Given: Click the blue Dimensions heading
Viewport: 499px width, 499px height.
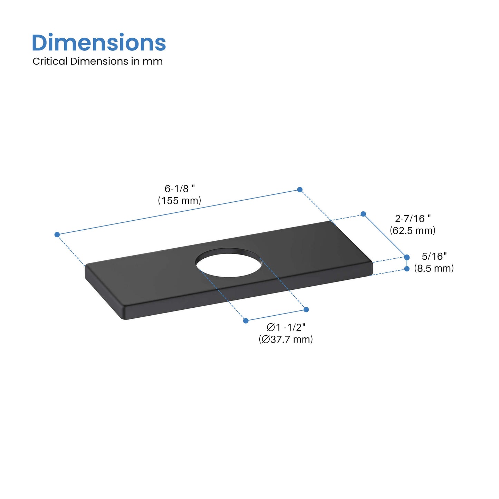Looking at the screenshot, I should (x=99, y=43).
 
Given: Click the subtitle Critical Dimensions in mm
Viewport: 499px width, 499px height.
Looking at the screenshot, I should (x=97, y=61).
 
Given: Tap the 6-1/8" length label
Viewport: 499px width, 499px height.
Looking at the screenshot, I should (x=179, y=189).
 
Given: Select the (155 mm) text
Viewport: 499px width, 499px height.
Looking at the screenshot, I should (x=180, y=201).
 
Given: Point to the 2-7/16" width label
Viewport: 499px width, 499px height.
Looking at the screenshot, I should (x=413, y=219).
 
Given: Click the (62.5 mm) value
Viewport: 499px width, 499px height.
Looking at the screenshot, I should (x=413, y=230).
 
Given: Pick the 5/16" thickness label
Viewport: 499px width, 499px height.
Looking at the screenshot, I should (x=434, y=256).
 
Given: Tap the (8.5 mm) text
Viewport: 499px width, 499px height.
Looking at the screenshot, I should (x=434, y=268).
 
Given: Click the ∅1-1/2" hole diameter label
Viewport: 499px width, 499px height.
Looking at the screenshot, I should (x=286, y=327).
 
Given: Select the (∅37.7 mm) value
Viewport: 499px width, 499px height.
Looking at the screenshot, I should (x=286, y=339).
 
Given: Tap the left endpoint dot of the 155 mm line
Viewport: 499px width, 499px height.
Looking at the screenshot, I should (x=57, y=235).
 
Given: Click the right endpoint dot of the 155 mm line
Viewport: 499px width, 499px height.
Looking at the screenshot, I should (x=300, y=190).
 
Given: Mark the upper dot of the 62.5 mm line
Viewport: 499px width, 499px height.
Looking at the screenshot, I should (x=363, y=214).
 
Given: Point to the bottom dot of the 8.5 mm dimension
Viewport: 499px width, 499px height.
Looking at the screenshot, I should (x=407, y=269).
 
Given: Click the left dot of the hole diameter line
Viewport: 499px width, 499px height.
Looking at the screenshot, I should (x=246, y=321).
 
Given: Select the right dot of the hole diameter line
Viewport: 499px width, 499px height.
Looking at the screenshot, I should (x=306, y=309).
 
